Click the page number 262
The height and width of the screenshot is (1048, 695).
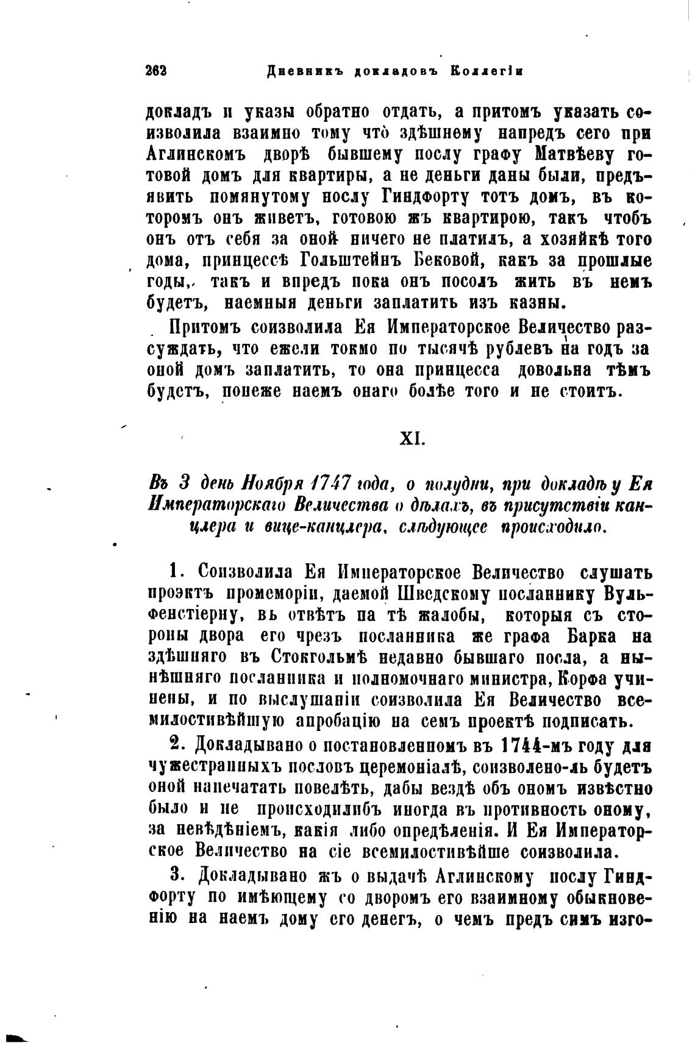click(157, 70)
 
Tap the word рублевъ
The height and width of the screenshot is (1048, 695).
click(519, 349)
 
